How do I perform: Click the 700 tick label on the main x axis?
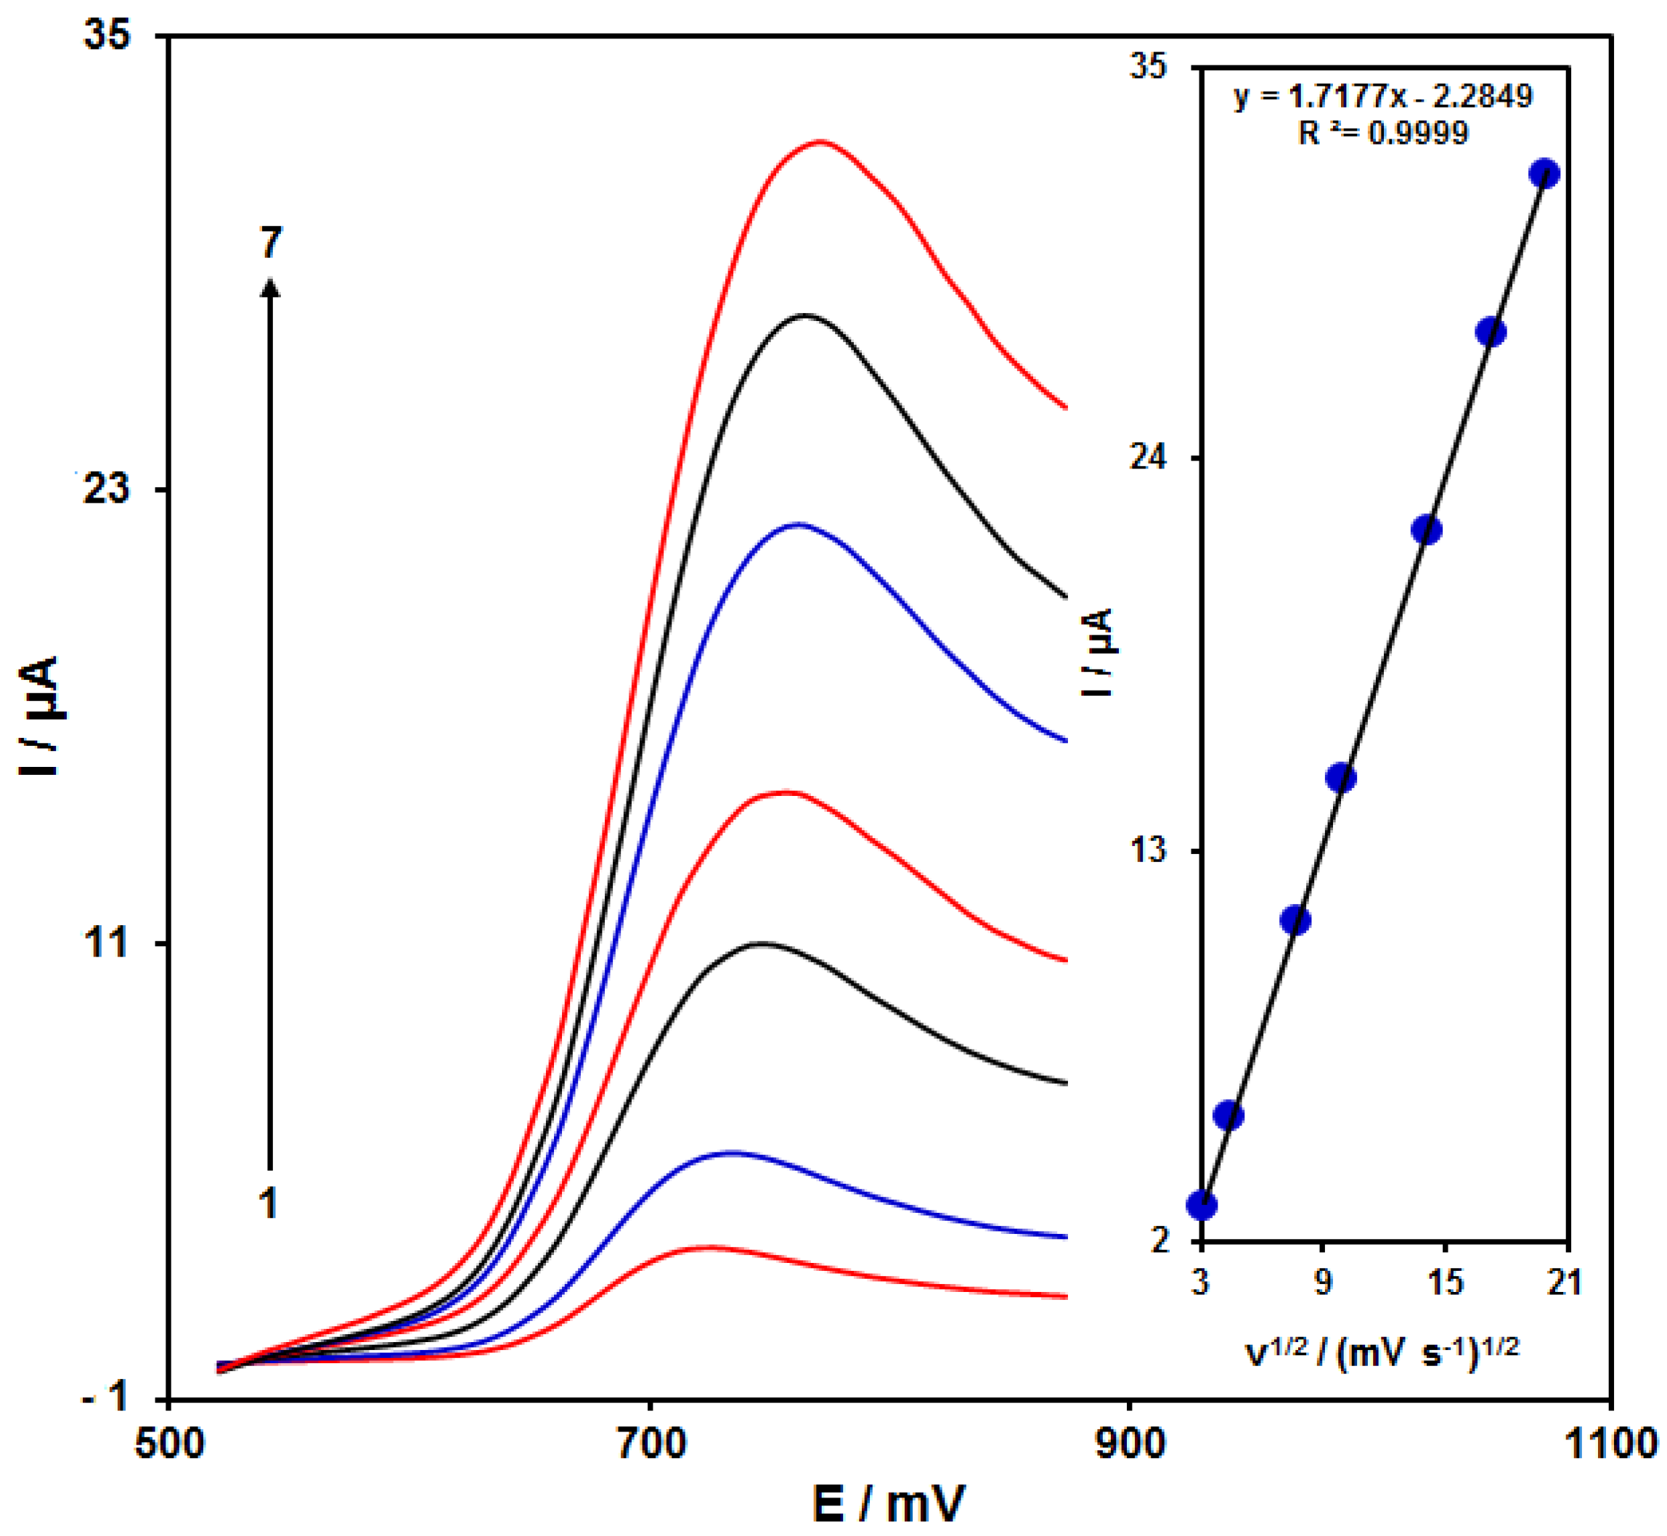[651, 1444]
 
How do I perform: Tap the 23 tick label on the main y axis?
[107, 489]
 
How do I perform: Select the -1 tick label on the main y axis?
[107, 1397]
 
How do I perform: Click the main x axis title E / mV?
[889, 1503]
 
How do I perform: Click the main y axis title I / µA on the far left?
[40, 717]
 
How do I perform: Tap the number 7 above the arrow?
[271, 243]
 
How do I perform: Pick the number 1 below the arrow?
[268, 1203]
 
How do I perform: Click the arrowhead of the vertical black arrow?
[270, 288]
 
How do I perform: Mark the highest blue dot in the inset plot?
[1544, 174]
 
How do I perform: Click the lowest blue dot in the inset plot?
[1202, 1205]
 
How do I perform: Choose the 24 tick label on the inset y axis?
[1148, 458]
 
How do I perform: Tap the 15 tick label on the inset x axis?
[1445, 1282]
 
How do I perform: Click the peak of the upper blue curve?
[799, 524]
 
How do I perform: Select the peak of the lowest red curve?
[706, 1247]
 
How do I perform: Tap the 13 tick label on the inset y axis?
[1148, 850]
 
